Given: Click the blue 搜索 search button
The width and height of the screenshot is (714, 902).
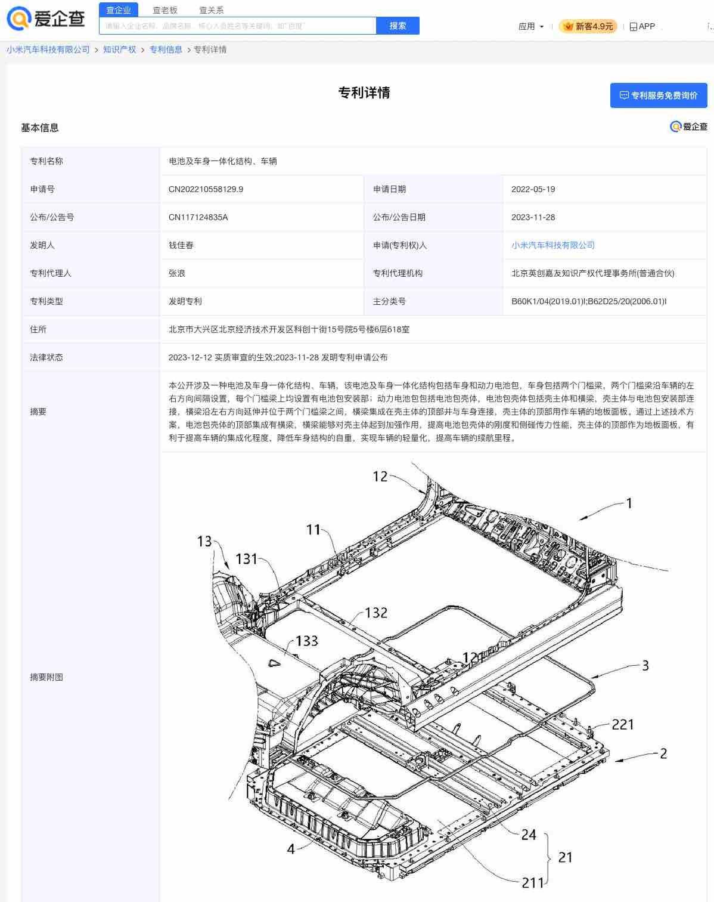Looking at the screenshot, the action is (398, 26).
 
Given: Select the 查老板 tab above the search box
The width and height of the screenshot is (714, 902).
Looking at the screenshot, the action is (165, 10).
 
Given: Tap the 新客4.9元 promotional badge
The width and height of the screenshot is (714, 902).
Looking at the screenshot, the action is (588, 26).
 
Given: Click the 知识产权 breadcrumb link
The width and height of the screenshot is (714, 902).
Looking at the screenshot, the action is (120, 50).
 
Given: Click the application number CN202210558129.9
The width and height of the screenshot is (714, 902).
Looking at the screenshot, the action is (206, 189).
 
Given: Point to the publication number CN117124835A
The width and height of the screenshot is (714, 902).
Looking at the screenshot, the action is (198, 217).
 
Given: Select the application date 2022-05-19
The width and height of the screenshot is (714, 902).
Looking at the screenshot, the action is (533, 189).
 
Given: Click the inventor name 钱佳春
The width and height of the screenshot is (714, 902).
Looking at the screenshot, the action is (181, 245).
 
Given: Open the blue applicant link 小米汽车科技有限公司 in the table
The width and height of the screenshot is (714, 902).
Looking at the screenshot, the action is (552, 245).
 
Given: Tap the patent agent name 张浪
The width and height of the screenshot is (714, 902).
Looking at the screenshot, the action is (177, 273).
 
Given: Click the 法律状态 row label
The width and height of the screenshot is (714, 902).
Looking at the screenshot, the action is (46, 357).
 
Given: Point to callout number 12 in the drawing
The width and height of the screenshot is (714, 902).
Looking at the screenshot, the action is (380, 476).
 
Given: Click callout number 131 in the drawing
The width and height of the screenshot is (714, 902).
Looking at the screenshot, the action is (246, 559).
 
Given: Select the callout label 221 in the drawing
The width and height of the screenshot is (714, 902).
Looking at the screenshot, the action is (623, 724).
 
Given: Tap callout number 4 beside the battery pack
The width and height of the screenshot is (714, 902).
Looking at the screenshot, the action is (291, 849).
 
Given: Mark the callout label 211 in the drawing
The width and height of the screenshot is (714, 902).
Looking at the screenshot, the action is (533, 883).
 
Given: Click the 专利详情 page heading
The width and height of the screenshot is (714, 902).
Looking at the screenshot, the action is (364, 92).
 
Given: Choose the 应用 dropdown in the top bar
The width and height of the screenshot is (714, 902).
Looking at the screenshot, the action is (530, 26).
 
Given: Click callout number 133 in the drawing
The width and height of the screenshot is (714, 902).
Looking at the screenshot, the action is (307, 641).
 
